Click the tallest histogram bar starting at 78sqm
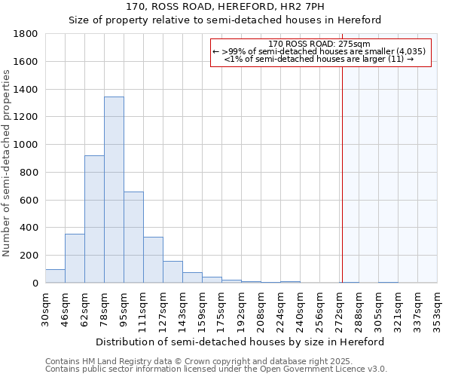tap(114, 190)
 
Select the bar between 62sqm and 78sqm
tap(94, 219)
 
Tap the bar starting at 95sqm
tap(133, 238)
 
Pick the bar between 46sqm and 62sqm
tap(75, 259)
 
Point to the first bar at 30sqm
tap(55, 276)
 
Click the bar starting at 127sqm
tap(173, 272)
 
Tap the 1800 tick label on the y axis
tap(26, 34)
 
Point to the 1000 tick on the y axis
tap(26, 145)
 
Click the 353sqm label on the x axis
tap(438, 309)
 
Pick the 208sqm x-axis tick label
tap(261, 309)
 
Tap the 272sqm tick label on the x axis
tap(340, 309)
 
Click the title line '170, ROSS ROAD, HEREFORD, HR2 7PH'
tap(225, 7)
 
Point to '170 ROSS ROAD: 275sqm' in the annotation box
tap(319, 44)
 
